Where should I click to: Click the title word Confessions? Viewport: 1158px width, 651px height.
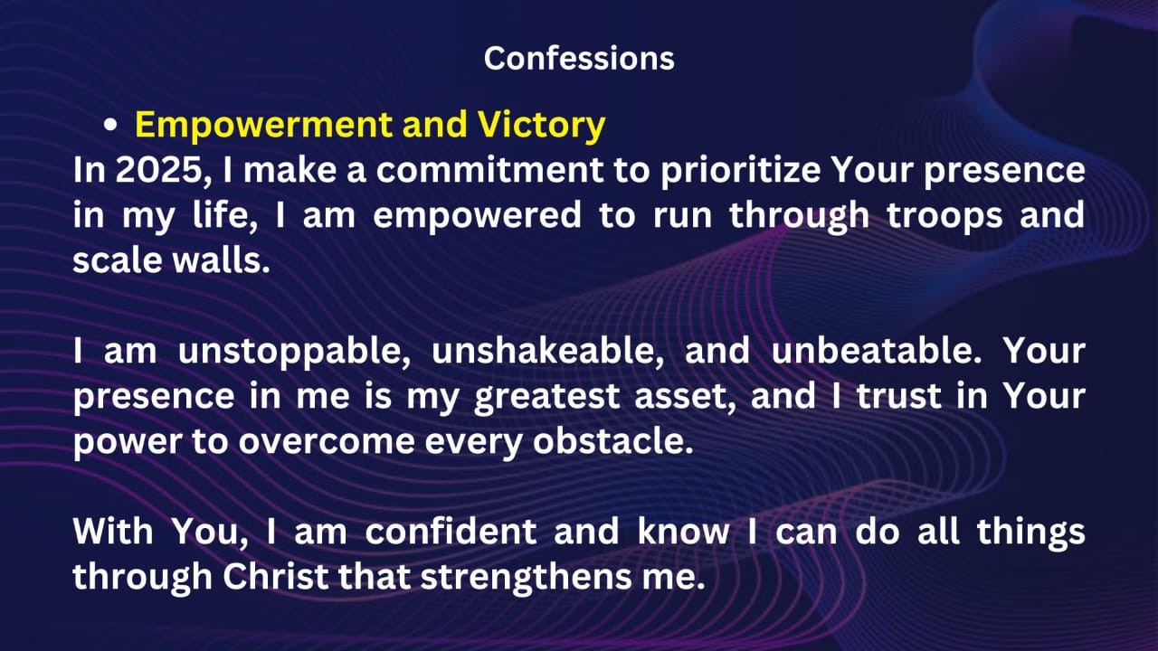pos(579,58)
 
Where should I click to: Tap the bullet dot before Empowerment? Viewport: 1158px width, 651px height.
pos(110,127)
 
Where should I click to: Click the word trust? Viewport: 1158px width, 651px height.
pos(911,395)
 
